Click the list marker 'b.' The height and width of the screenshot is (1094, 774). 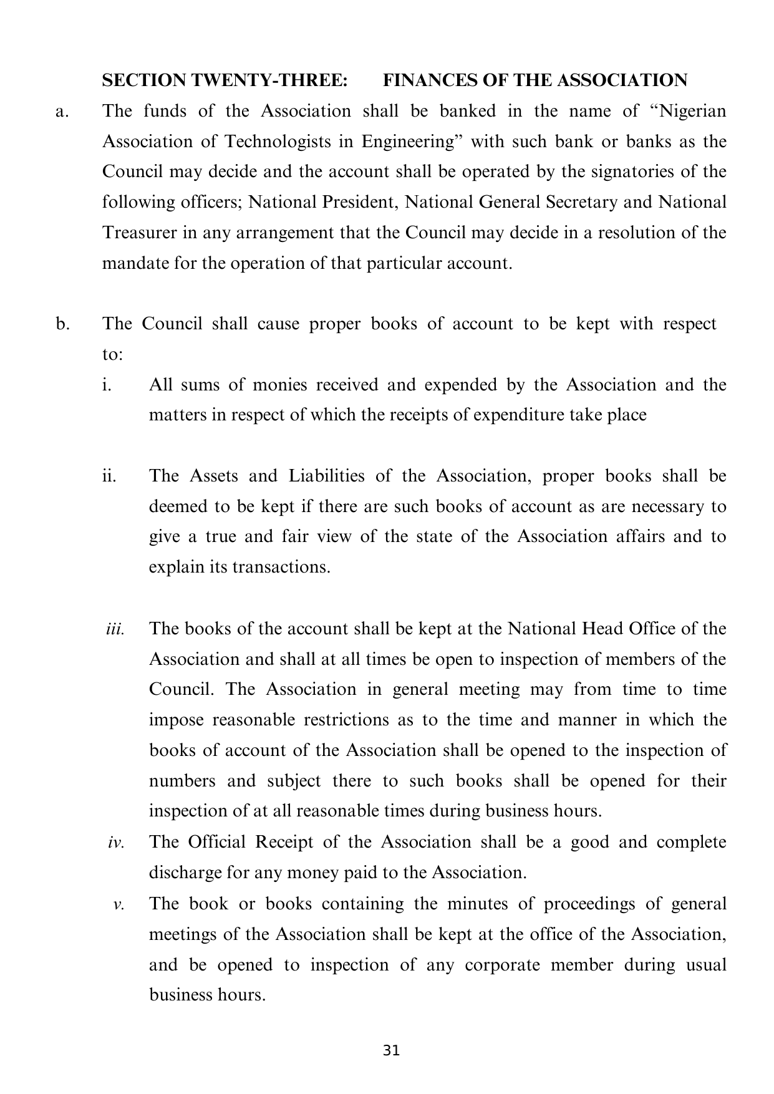pos(62,324)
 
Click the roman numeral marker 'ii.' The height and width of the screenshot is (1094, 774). pos(109,476)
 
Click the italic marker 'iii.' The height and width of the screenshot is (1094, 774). pos(115,629)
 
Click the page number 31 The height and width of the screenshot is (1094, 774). pos(391,1051)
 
